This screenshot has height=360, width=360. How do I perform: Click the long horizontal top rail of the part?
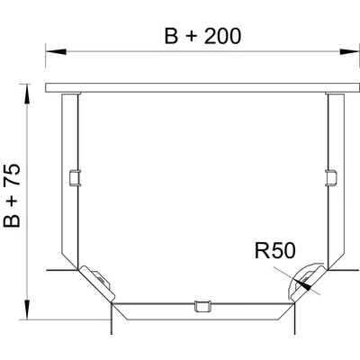pos(201,88)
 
